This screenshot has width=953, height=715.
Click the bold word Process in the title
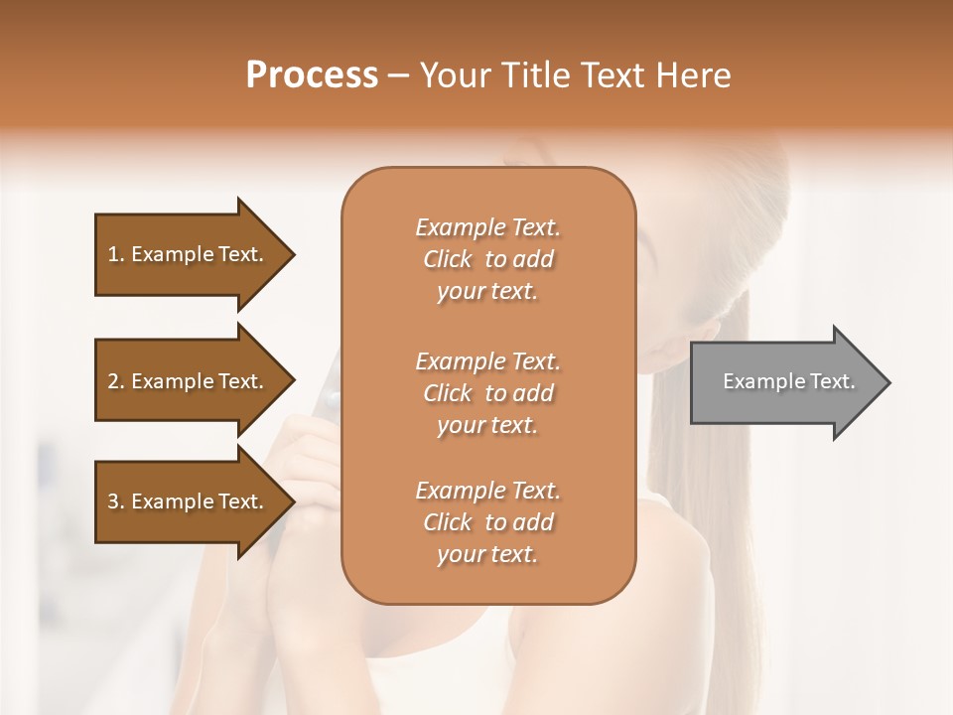pos(312,75)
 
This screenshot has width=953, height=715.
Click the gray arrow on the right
pos(784,382)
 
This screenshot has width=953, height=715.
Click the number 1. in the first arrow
pos(116,254)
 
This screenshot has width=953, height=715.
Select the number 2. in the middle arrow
pos(116,381)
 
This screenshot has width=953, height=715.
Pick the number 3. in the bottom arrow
pos(116,501)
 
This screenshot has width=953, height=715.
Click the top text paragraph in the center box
pos(487,259)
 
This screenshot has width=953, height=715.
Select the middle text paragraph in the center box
pos(487,393)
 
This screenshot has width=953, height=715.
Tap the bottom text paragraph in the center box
pos(487,522)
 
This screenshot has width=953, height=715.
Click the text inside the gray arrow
pos(788,381)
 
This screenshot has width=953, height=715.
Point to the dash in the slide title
pos(399,75)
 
